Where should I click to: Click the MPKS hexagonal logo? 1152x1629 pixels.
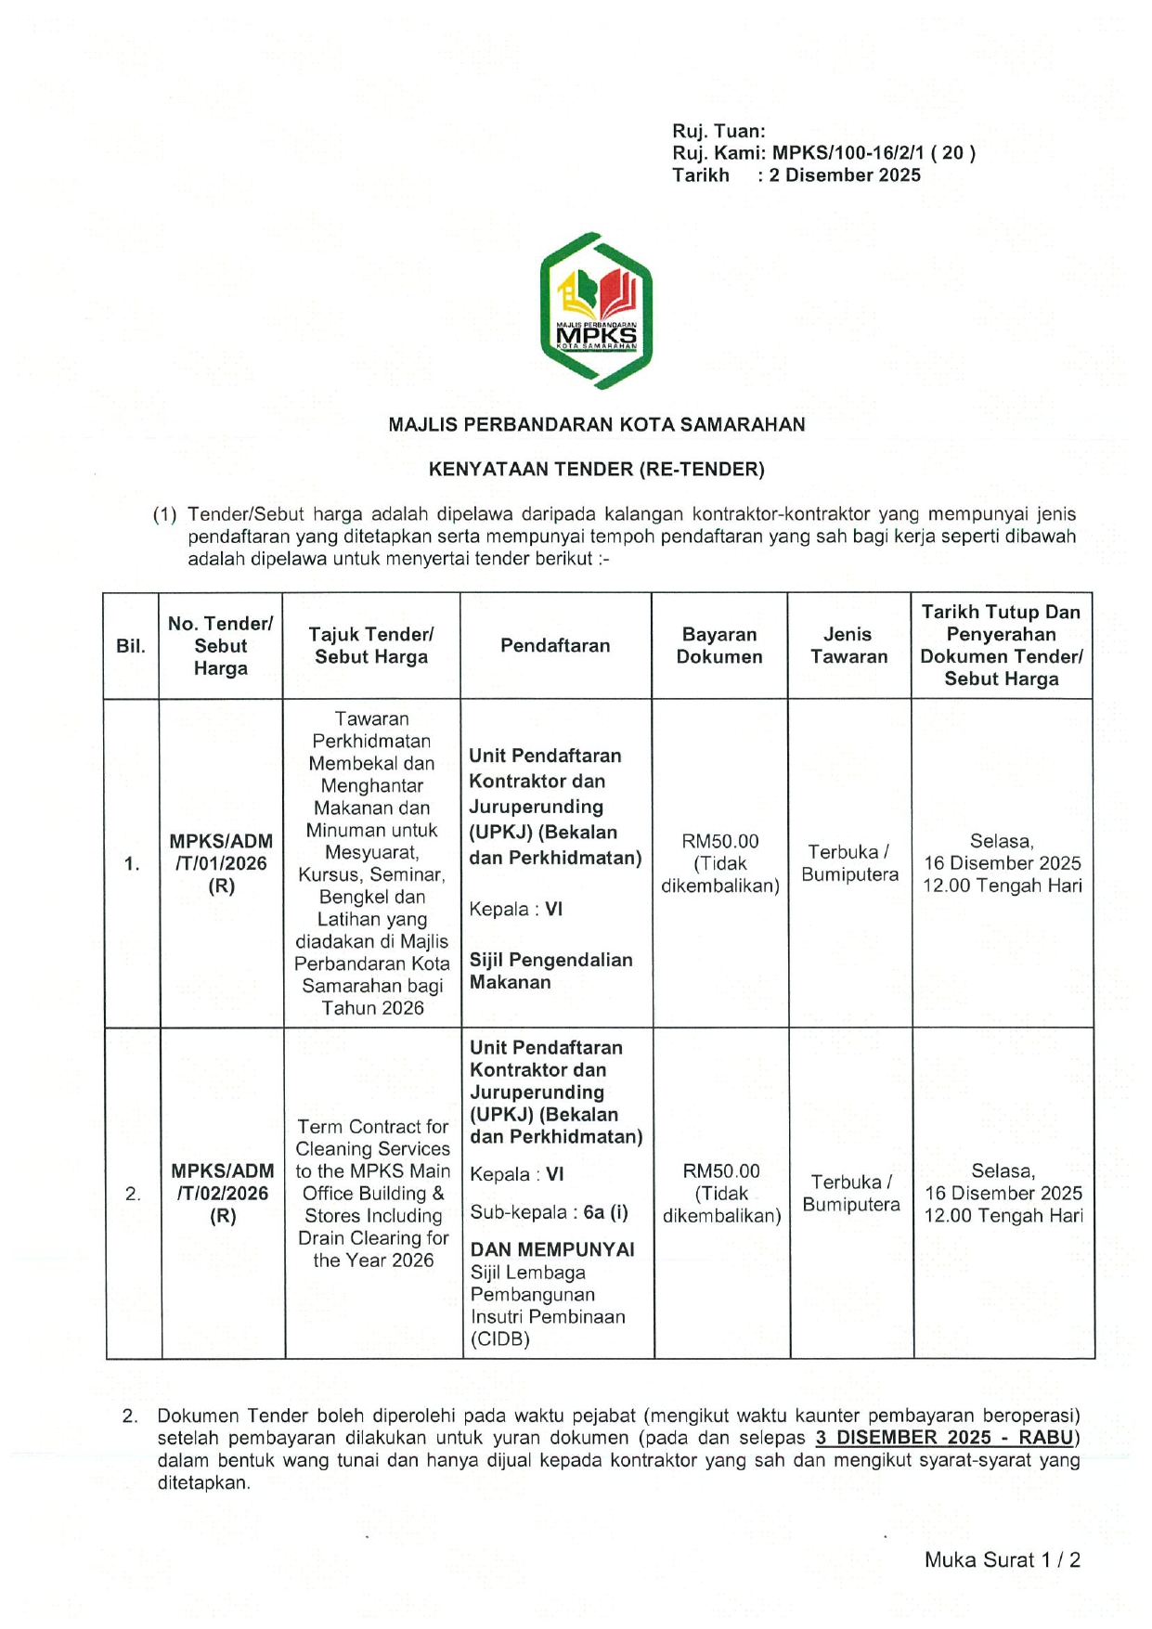pyautogui.click(x=596, y=311)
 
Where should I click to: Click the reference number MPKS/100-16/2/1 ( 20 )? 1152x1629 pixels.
pyautogui.click(x=873, y=153)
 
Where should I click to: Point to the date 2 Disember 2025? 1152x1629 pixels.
pyautogui.click(x=844, y=175)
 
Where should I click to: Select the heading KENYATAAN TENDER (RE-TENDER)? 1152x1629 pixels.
pyautogui.click(x=596, y=470)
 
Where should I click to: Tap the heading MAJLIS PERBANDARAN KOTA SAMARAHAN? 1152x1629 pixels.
pyautogui.click(x=596, y=425)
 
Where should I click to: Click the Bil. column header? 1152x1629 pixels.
pyautogui.click(x=131, y=646)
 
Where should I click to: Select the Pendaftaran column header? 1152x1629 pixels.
pyautogui.click(x=555, y=646)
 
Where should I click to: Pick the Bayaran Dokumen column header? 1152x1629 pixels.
pyautogui.click(x=719, y=646)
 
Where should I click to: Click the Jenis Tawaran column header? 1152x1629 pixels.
pyautogui.click(x=848, y=646)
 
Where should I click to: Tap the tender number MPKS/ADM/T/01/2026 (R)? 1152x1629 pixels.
pyautogui.click(x=221, y=863)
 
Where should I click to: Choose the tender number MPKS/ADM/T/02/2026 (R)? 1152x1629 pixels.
pyautogui.click(x=223, y=1194)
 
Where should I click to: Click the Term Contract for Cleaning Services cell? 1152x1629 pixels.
pyautogui.click(x=373, y=1194)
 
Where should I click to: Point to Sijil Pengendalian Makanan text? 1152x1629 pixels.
pyautogui.click(x=550, y=971)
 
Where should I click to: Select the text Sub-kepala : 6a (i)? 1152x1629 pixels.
pyautogui.click(x=549, y=1212)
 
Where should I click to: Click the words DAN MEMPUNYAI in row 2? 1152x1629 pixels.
pyautogui.click(x=552, y=1249)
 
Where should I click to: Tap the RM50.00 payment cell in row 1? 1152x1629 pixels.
pyautogui.click(x=720, y=863)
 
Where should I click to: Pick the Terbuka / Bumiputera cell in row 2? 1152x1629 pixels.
pyautogui.click(x=851, y=1194)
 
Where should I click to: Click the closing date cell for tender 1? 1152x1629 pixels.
pyautogui.click(x=1002, y=863)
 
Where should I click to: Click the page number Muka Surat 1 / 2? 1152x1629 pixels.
pyautogui.click(x=1003, y=1560)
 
